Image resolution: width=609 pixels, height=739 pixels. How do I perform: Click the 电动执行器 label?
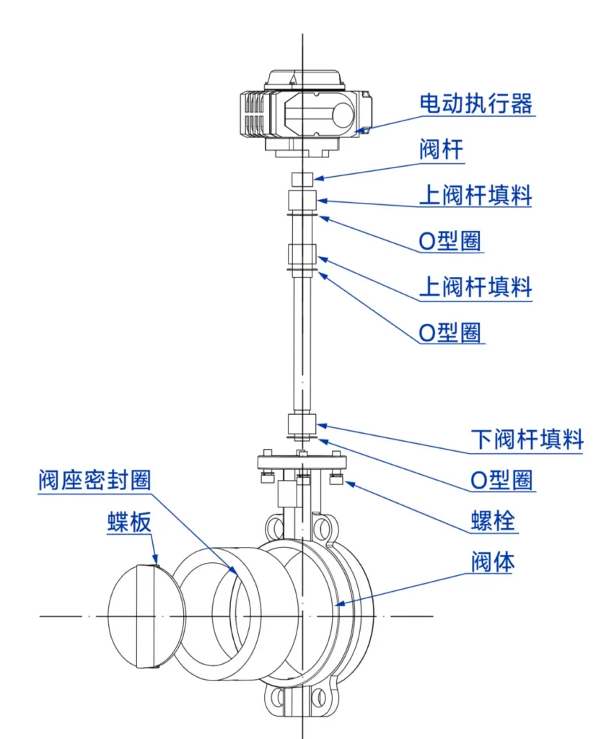(x=476, y=103)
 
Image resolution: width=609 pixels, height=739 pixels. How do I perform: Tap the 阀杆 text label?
(x=441, y=150)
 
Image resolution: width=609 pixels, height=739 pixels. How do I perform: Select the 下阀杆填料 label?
(x=527, y=438)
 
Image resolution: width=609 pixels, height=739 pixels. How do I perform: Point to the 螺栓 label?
(x=494, y=520)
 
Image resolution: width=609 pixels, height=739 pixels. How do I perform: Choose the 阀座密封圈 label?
(x=95, y=480)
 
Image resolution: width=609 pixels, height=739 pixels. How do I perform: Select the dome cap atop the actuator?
(x=303, y=78)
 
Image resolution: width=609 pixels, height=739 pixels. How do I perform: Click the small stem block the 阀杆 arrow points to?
(x=302, y=178)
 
